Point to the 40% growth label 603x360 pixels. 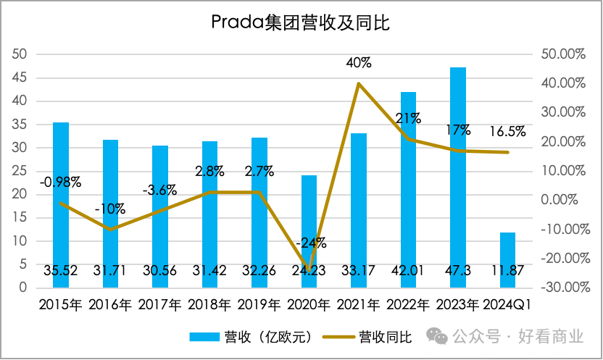click(359, 63)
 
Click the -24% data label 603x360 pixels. click(309, 242)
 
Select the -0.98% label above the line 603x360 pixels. click(61, 182)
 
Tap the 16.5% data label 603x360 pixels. click(507, 131)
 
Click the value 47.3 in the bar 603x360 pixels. click(458, 271)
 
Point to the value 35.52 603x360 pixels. click(61, 271)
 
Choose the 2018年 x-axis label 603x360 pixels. click(210, 304)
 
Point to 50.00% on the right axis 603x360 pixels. click(562, 54)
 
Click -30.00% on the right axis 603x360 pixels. click(560, 288)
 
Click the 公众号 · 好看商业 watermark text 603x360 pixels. click(517, 336)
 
